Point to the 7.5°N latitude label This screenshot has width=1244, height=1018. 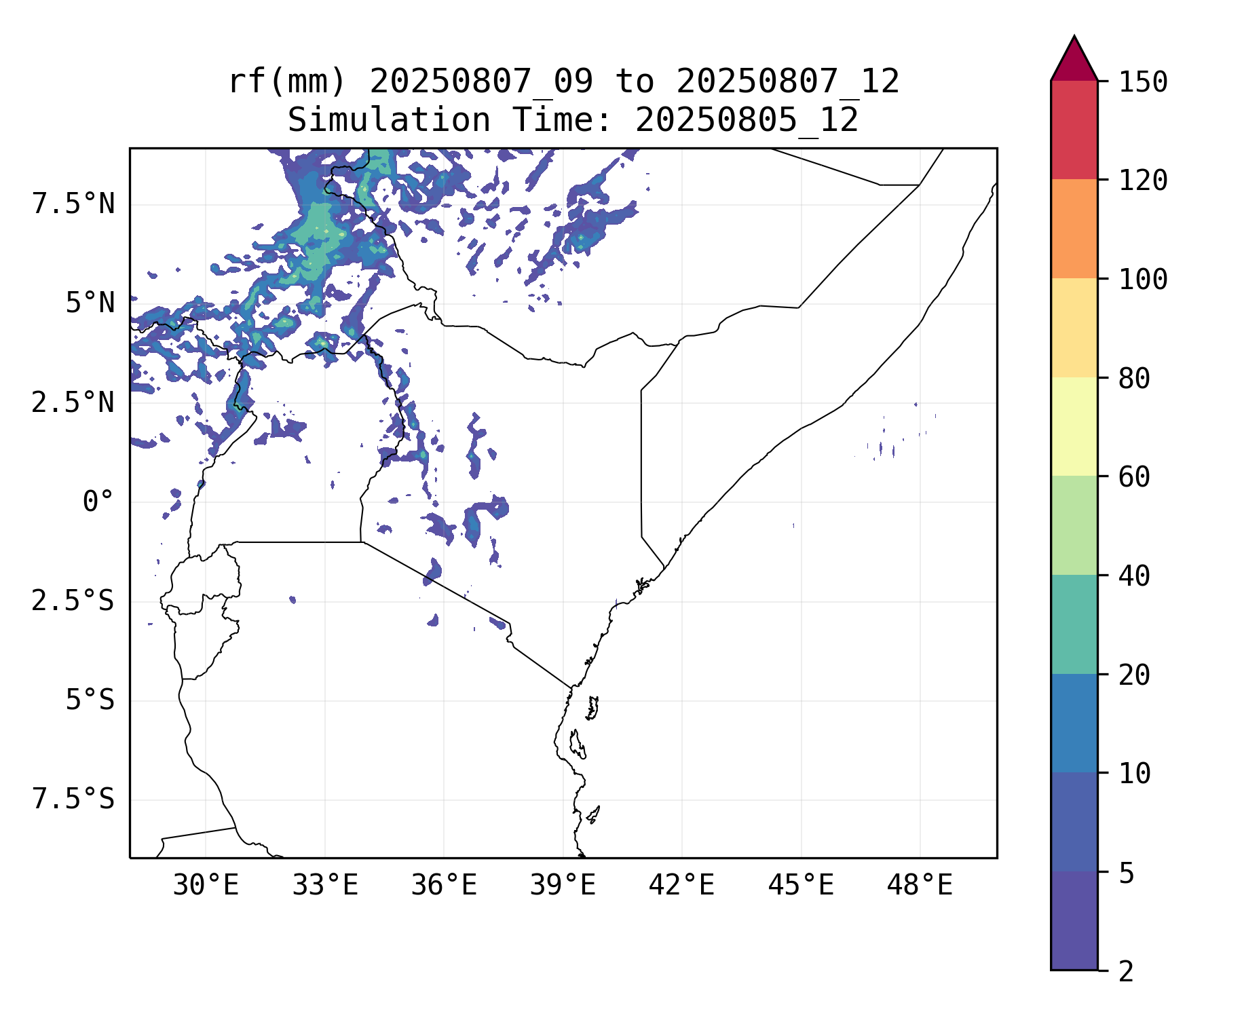pyautogui.click(x=73, y=204)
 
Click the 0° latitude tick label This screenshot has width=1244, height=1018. pyautogui.click(x=98, y=502)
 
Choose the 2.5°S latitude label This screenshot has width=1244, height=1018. pyautogui.click(x=73, y=601)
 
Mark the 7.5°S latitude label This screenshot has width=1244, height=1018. pyautogui.click(x=73, y=799)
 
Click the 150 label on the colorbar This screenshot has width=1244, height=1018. pyautogui.click(x=1143, y=83)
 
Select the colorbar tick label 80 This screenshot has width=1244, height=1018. pyautogui.click(x=1134, y=379)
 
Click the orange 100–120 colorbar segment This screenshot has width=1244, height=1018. pyautogui.click(x=1074, y=229)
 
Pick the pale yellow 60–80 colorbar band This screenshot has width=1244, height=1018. pyautogui.click(x=1074, y=426)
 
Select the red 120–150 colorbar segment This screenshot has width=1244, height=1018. pyautogui.click(x=1074, y=130)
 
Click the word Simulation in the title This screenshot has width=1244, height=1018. pyautogui.click(x=389, y=121)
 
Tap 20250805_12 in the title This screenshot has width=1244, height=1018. pyautogui.click(x=747, y=121)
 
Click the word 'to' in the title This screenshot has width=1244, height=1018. pyautogui.click(x=635, y=82)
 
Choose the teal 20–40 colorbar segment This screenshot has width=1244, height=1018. pyautogui.click(x=1074, y=624)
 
